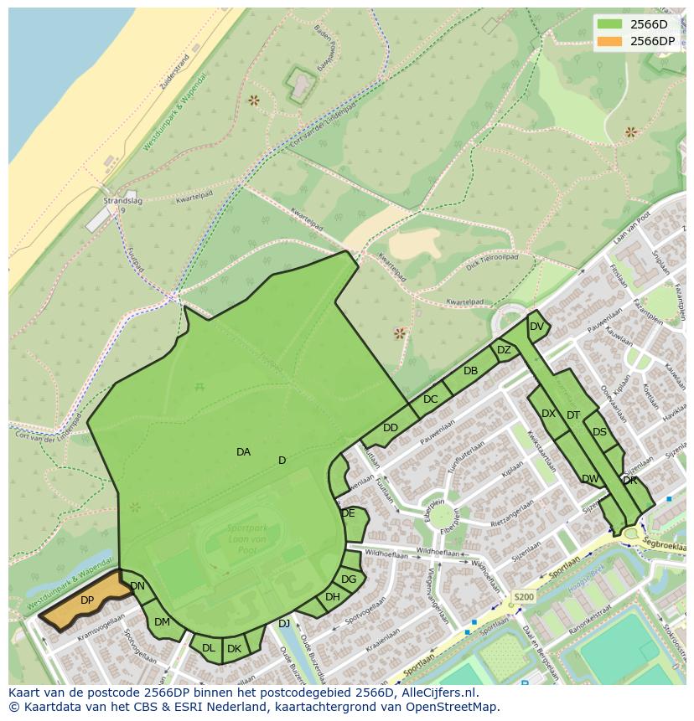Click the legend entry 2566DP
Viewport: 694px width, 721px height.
(x=652, y=41)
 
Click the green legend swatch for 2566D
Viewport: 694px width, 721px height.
(x=609, y=24)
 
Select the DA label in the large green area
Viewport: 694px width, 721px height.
(x=243, y=452)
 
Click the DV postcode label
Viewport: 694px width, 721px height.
(x=536, y=327)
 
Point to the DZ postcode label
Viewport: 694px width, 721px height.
(x=504, y=350)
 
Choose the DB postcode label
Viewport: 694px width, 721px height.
(x=470, y=371)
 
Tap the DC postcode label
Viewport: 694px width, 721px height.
(x=430, y=399)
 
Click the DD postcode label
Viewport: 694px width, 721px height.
(x=391, y=428)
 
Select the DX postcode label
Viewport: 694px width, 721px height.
(x=548, y=414)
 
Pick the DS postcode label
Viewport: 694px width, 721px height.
(x=599, y=432)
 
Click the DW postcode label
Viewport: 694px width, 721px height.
(x=590, y=479)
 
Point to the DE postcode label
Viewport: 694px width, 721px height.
(x=348, y=513)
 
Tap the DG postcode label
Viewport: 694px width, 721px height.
(x=349, y=579)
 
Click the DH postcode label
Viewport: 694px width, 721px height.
(x=333, y=597)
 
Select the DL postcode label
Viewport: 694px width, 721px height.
(x=208, y=648)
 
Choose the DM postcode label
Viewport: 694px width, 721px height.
(x=162, y=622)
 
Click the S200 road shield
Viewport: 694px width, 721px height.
(x=523, y=597)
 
